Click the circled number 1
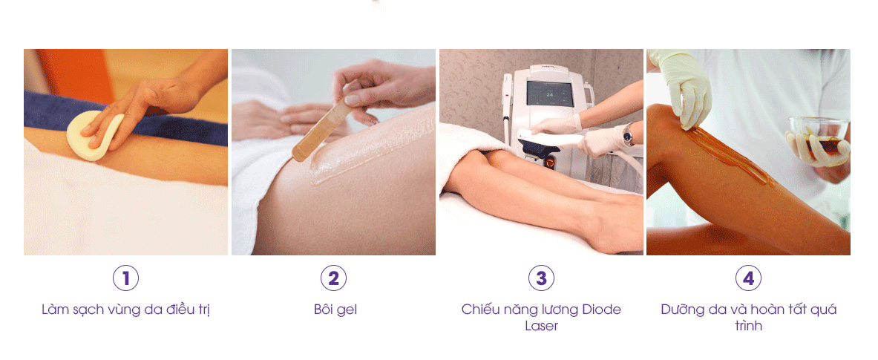(x=125, y=278)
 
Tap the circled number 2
(x=333, y=278)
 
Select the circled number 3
(x=541, y=278)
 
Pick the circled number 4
(x=748, y=278)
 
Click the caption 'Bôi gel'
(x=335, y=310)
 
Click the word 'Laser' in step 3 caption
(x=541, y=326)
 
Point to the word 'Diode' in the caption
(x=601, y=310)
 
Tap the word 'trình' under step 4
(x=748, y=326)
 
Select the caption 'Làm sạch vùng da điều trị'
(x=125, y=310)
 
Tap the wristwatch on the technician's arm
(x=628, y=135)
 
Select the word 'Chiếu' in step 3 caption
(x=481, y=310)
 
